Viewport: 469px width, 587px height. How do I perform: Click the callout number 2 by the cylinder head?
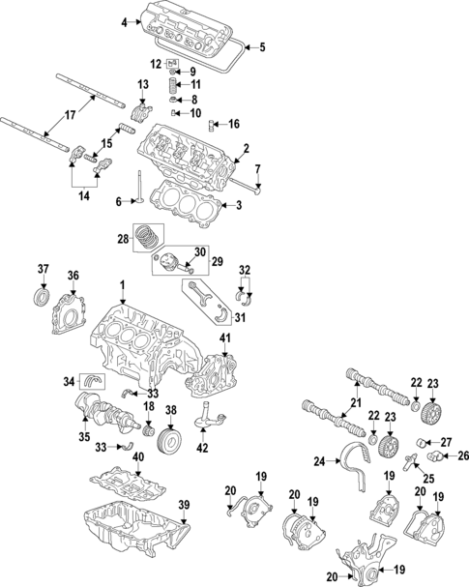pyautogui.click(x=247, y=148)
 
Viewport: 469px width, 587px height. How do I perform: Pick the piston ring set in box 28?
pyautogui.click(x=151, y=236)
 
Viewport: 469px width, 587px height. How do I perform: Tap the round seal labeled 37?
pyautogui.click(x=43, y=293)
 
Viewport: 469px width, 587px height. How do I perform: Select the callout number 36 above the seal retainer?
pyautogui.click(x=73, y=276)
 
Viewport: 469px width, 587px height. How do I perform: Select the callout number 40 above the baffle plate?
pyautogui.click(x=138, y=457)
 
